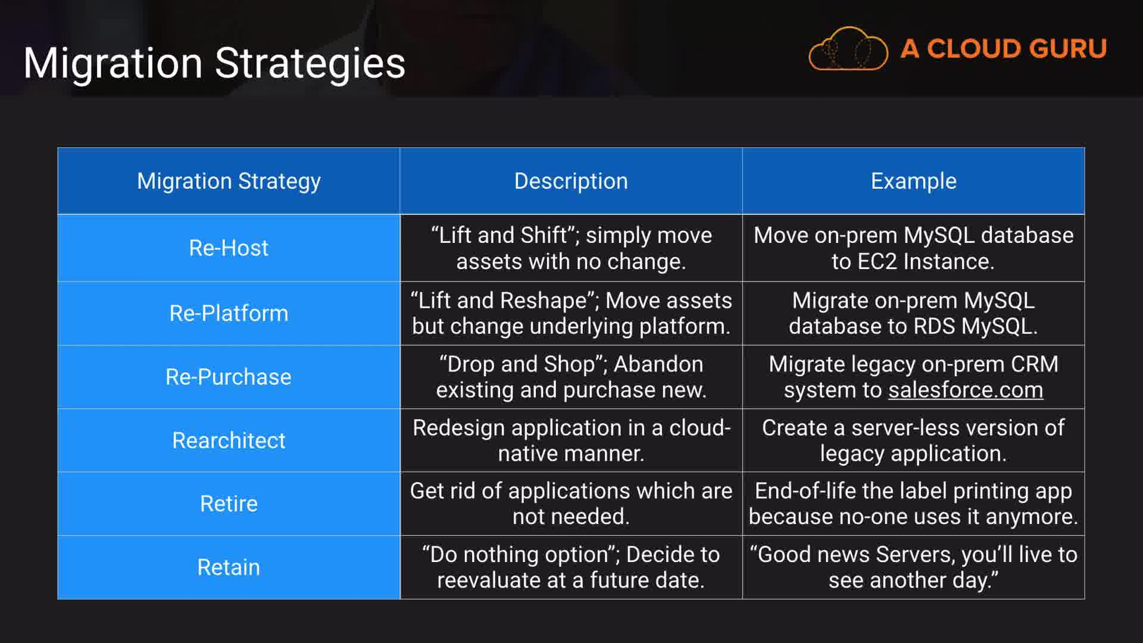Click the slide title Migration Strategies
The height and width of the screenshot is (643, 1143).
pos(214,63)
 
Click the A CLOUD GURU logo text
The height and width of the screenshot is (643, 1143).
pos(1004,49)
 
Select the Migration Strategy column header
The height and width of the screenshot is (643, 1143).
pos(229,181)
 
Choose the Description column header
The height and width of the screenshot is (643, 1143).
pos(571,181)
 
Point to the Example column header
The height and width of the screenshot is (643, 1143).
pos(914,181)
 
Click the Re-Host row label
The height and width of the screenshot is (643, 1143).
pos(229,248)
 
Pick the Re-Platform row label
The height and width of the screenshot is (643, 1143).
pos(229,313)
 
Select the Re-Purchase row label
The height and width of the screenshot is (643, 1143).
pos(229,377)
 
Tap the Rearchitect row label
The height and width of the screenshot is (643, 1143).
pos(229,441)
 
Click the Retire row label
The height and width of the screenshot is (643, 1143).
pos(229,504)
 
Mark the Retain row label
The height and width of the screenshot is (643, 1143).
pos(229,567)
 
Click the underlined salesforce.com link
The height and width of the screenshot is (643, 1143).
pos(966,390)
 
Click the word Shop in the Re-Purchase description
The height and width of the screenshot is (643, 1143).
pos(569,364)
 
